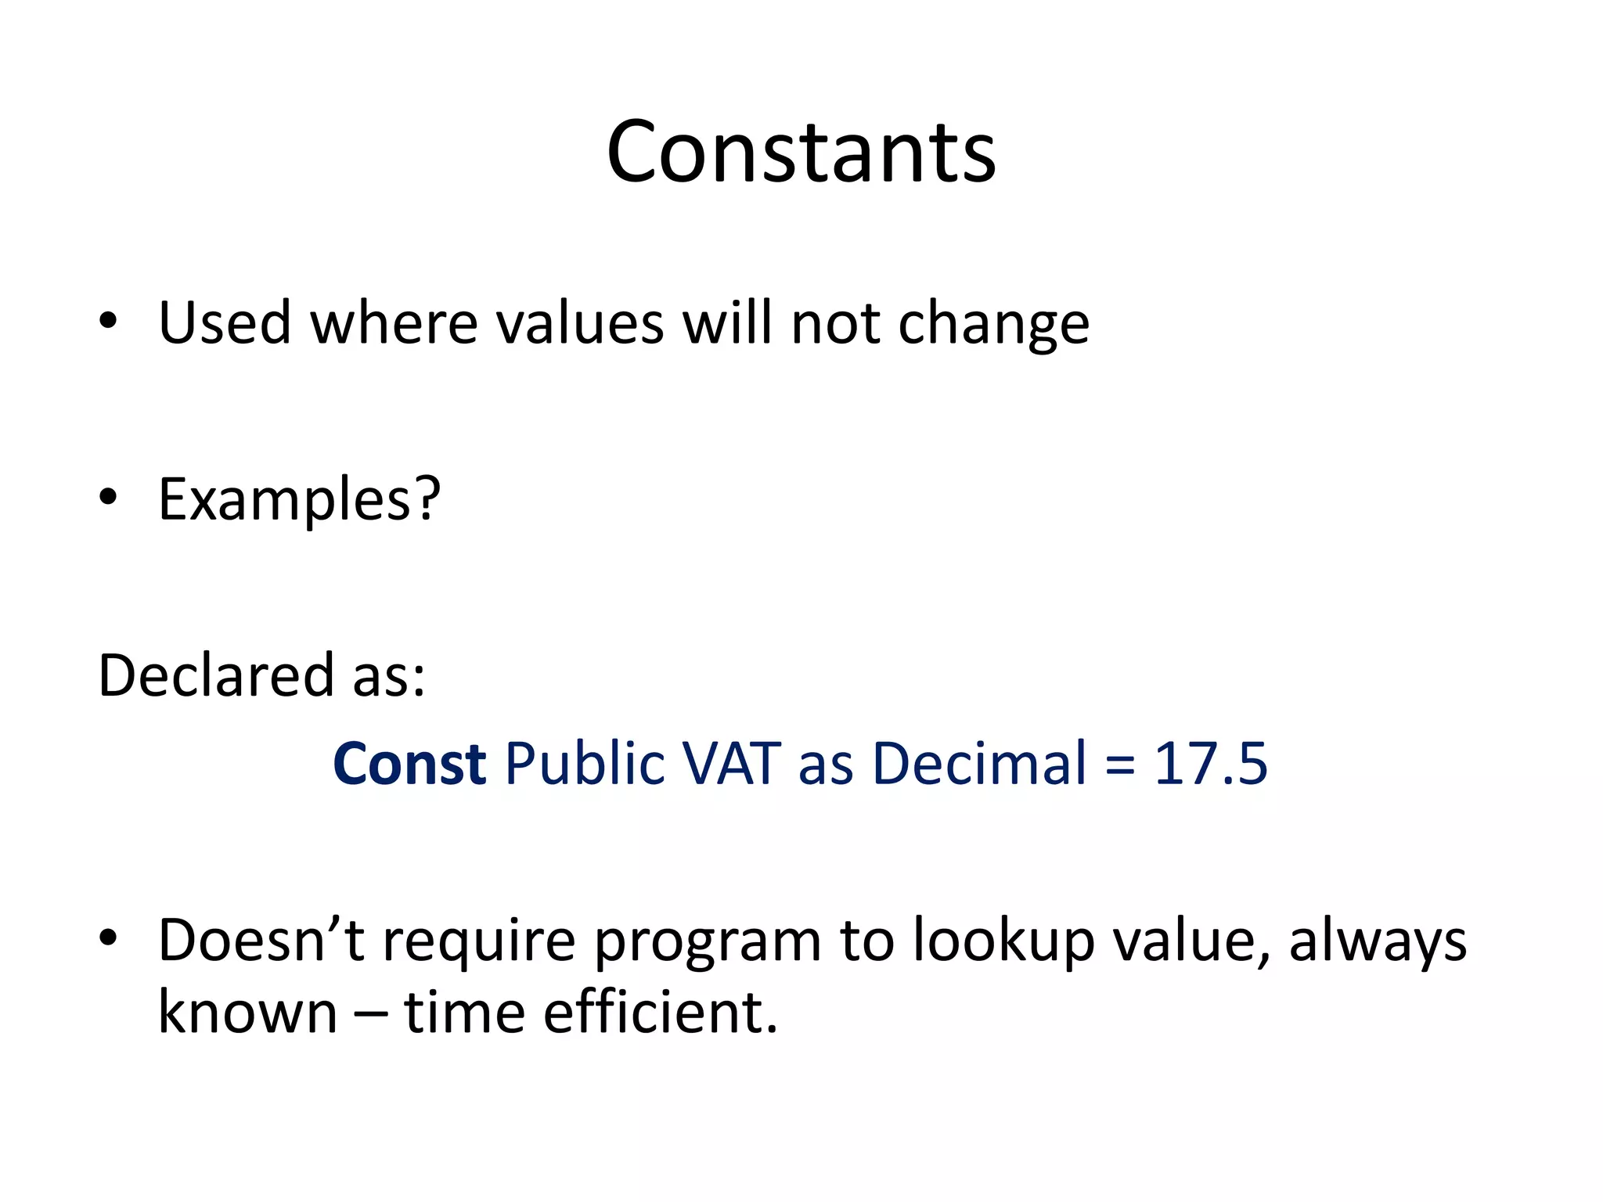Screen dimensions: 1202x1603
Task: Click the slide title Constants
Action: [801, 152]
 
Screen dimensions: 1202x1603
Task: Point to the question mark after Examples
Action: [427, 498]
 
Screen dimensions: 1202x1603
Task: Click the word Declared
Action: [216, 675]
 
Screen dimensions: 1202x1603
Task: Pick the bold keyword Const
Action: [409, 764]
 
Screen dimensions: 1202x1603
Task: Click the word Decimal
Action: [979, 764]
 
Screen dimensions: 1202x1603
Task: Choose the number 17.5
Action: [1210, 764]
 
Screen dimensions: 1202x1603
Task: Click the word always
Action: [1378, 942]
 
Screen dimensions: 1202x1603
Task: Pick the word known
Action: [247, 1013]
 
